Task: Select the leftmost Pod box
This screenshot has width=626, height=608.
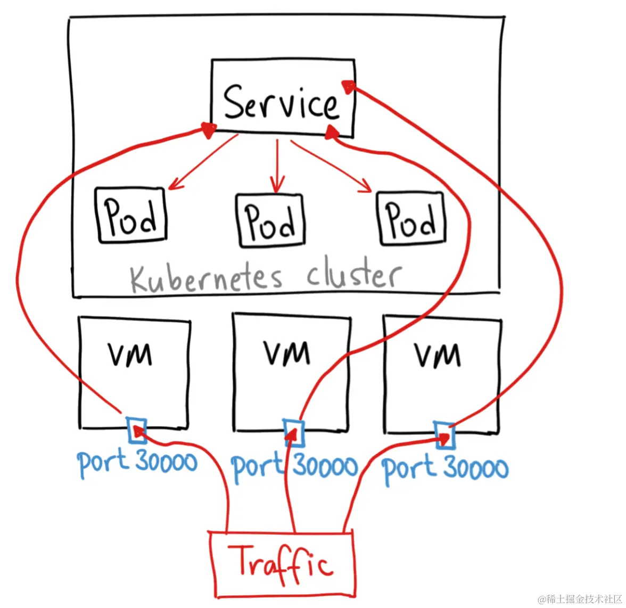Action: [131, 215]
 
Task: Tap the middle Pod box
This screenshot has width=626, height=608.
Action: [270, 220]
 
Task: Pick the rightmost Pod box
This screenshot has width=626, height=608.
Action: [411, 218]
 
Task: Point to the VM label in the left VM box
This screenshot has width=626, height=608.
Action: [130, 354]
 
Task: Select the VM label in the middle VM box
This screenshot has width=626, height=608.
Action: [287, 353]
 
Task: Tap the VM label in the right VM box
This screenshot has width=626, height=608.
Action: [438, 355]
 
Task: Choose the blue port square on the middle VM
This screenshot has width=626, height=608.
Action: [294, 433]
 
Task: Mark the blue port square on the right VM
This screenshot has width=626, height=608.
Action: [444, 435]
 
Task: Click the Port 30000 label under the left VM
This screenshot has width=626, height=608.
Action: [137, 462]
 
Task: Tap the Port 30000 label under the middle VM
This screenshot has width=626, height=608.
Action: [294, 466]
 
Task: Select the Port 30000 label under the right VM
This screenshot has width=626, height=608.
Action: [445, 469]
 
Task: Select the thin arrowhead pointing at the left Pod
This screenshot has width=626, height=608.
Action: [174, 185]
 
